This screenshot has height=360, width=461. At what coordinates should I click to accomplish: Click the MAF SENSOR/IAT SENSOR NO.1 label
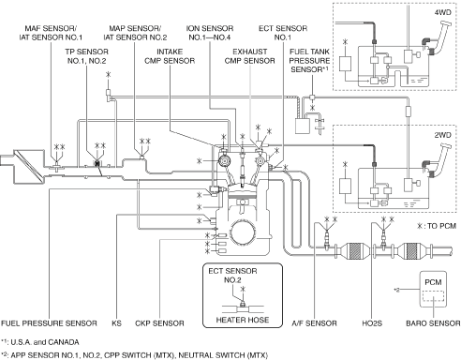51,33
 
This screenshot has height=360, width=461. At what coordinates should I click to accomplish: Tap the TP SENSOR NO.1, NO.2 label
86,56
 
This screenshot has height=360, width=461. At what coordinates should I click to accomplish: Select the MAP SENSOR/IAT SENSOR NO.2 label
135,33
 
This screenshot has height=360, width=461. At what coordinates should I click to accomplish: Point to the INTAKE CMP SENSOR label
170,56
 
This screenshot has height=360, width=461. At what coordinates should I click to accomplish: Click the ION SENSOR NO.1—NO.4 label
210,33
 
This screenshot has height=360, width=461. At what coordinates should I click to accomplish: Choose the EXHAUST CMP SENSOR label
250,56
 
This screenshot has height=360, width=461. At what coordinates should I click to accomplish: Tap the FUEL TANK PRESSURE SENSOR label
309,61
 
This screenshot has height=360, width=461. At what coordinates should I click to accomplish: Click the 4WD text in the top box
443,12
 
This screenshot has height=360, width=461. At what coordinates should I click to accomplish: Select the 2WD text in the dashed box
443,135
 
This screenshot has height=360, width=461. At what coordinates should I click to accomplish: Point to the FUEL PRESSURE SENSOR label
49,323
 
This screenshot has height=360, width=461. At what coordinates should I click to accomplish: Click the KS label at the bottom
116,323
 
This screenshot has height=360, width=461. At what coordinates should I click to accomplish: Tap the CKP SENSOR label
159,323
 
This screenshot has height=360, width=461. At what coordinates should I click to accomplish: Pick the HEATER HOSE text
243,320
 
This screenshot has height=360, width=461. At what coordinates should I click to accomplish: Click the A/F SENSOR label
314,323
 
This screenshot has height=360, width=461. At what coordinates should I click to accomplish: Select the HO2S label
372,323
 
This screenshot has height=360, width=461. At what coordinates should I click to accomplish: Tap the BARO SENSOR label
433,323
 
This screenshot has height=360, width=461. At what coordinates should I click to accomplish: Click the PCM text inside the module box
433,282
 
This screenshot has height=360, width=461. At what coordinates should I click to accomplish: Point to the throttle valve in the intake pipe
97,164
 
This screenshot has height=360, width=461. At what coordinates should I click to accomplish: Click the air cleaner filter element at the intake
30,167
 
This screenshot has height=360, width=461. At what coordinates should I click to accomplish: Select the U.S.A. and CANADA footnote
40,342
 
